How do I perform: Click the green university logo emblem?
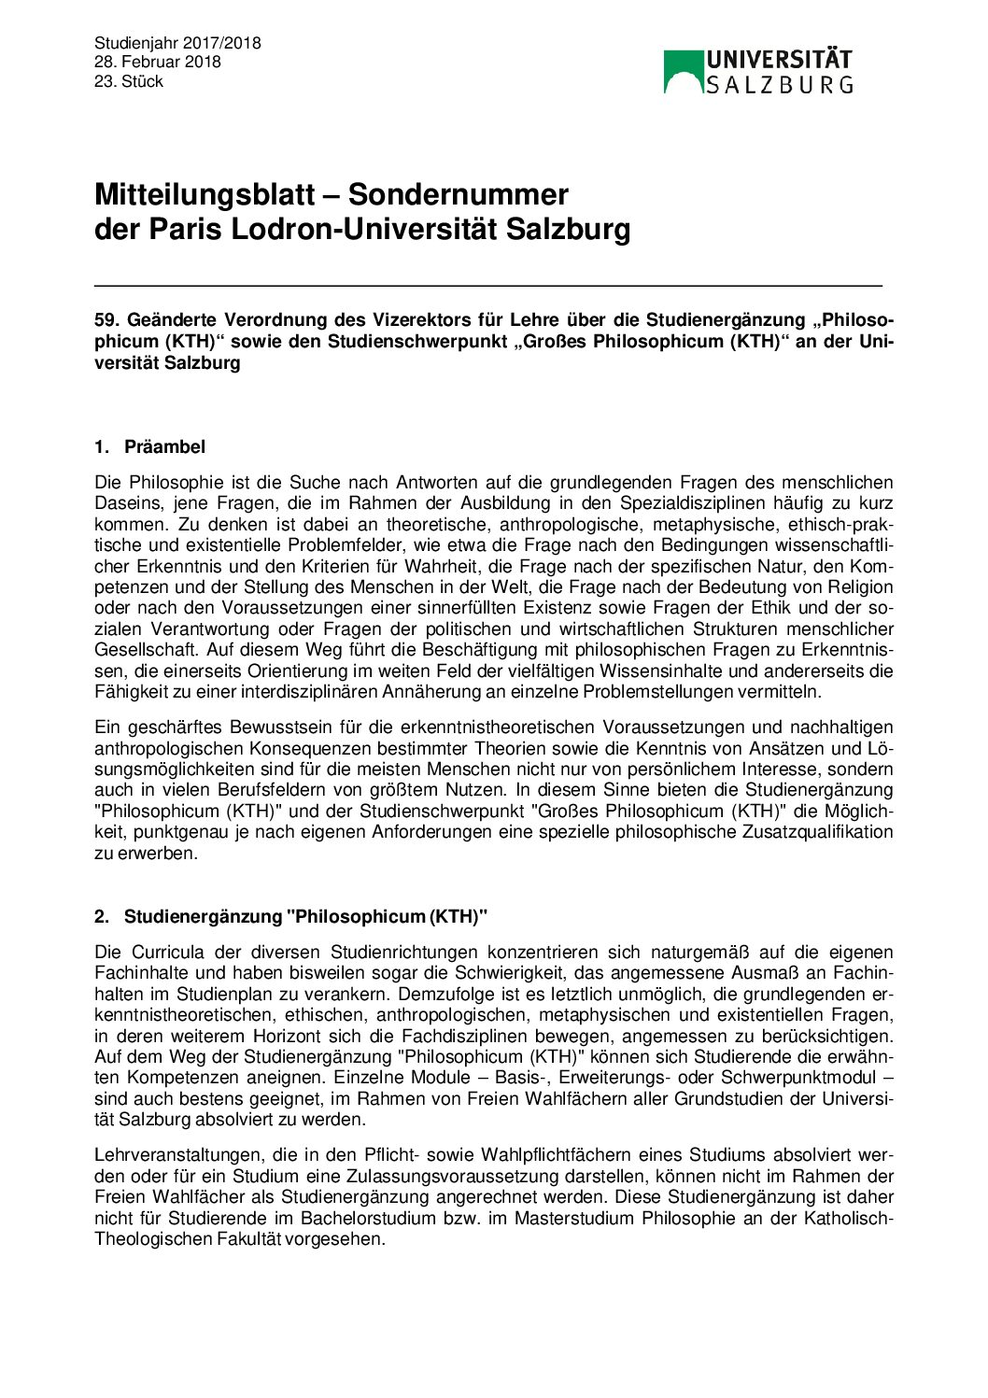click(x=683, y=72)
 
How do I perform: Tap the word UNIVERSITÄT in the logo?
click(x=779, y=61)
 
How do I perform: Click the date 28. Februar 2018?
click(x=158, y=62)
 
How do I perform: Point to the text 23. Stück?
click(x=129, y=81)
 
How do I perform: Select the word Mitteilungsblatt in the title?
click(x=205, y=194)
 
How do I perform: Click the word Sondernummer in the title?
click(x=459, y=194)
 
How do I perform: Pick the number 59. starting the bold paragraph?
click(x=106, y=320)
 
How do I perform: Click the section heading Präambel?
click(x=164, y=447)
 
